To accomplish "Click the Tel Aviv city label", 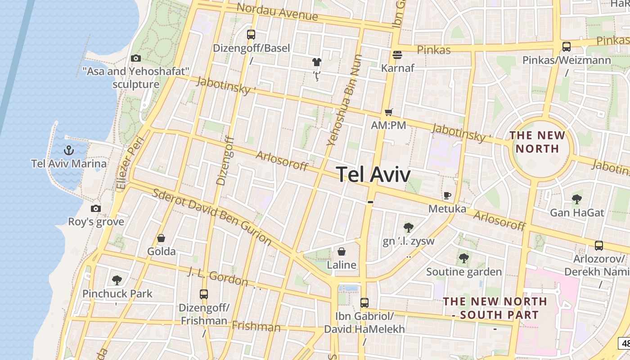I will [x=373, y=174].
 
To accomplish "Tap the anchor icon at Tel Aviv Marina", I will [x=69, y=150].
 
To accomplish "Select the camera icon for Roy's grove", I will [x=96, y=208].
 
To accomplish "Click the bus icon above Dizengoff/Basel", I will [x=251, y=34].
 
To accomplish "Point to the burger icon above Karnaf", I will [x=397, y=55].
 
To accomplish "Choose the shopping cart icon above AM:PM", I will [x=388, y=112].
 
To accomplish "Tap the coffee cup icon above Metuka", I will [x=447, y=195].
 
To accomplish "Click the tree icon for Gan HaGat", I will [x=577, y=199].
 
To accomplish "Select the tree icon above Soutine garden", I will [x=464, y=258].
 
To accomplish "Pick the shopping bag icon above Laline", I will [x=342, y=251].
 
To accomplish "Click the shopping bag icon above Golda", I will [x=161, y=238].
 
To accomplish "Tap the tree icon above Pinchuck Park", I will [x=117, y=280].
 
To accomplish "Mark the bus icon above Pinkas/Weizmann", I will [x=567, y=46].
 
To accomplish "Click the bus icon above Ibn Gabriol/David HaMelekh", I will [x=364, y=302].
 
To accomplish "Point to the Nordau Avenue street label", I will [x=277, y=12].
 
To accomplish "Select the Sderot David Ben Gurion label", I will [x=212, y=217].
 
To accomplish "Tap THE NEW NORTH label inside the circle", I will [x=537, y=142].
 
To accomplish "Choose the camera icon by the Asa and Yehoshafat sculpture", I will [x=135, y=58].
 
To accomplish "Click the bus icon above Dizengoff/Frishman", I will [x=204, y=294].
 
